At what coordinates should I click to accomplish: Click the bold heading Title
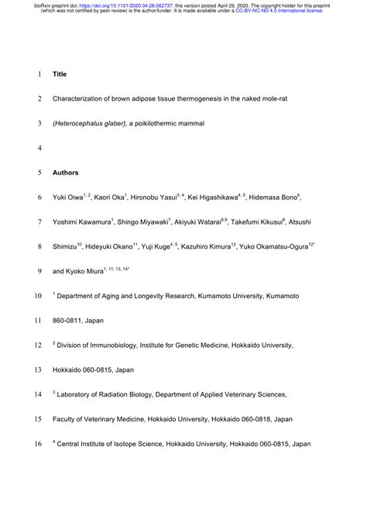click(60, 75)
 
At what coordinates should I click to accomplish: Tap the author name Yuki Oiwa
click(68, 198)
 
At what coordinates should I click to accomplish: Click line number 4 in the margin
click(39, 148)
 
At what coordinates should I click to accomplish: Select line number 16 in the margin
click(37, 445)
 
